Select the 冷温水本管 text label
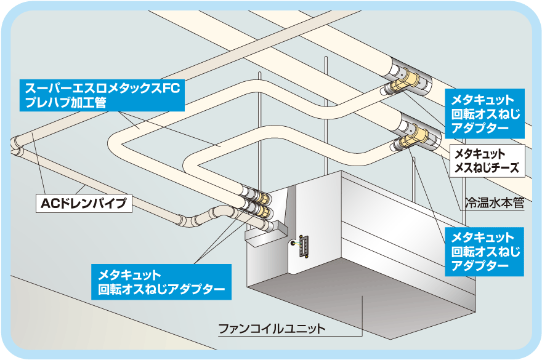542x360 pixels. tap(494, 202)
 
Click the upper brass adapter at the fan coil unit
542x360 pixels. tap(261, 198)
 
